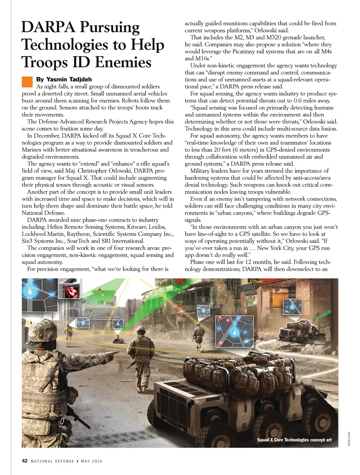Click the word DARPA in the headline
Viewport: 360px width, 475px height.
48,27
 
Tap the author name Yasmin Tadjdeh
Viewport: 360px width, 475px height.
64,80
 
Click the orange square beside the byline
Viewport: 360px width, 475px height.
27,82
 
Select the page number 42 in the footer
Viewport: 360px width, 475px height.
25,461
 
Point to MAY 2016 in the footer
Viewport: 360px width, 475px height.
91,461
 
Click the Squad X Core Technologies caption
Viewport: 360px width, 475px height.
294,440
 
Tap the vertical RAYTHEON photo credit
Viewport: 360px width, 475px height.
349,438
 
